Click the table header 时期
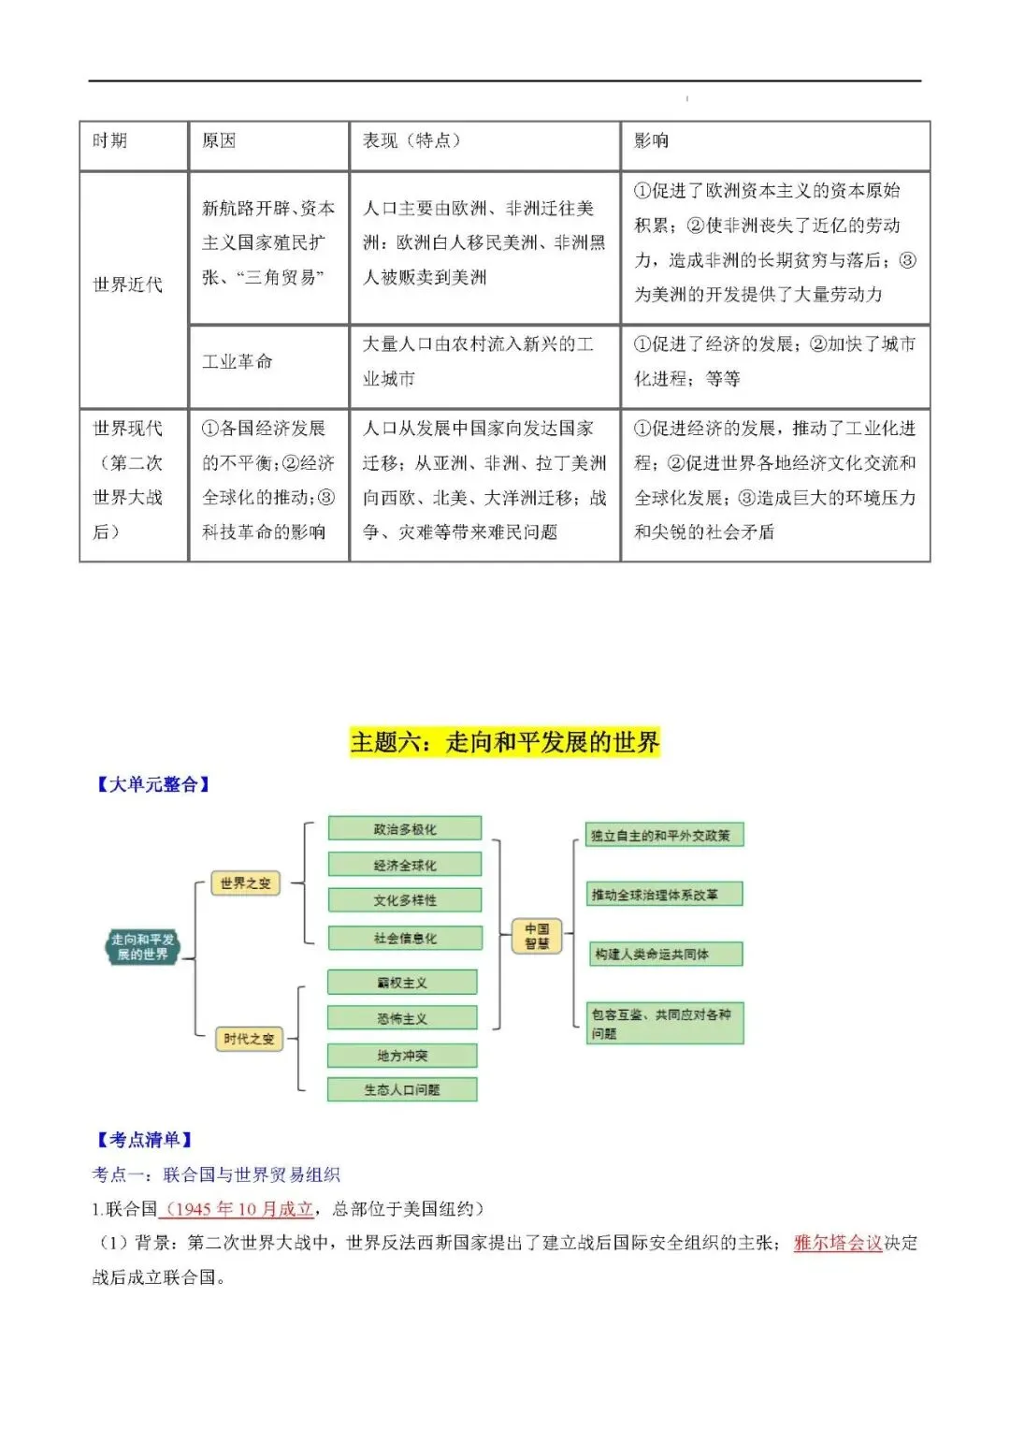tap(110, 141)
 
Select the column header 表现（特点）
tap(411, 141)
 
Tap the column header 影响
tap(652, 141)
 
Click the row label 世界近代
tap(128, 284)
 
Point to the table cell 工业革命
tap(238, 361)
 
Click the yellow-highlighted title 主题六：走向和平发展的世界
tap(505, 743)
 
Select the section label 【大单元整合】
tap(153, 785)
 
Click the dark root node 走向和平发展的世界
tap(142, 947)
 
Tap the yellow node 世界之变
tap(245, 883)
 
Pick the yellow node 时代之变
tap(249, 1039)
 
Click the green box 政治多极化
tap(405, 829)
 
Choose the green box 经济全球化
tap(405, 865)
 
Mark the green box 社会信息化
tap(405, 938)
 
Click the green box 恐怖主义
tap(402, 1018)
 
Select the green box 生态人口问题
tap(402, 1089)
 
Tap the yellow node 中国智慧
tap(537, 936)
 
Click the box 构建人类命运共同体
tap(665, 955)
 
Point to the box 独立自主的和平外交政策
tap(665, 835)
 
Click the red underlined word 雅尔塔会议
tap(838, 1243)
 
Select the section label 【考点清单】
tap(144, 1140)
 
